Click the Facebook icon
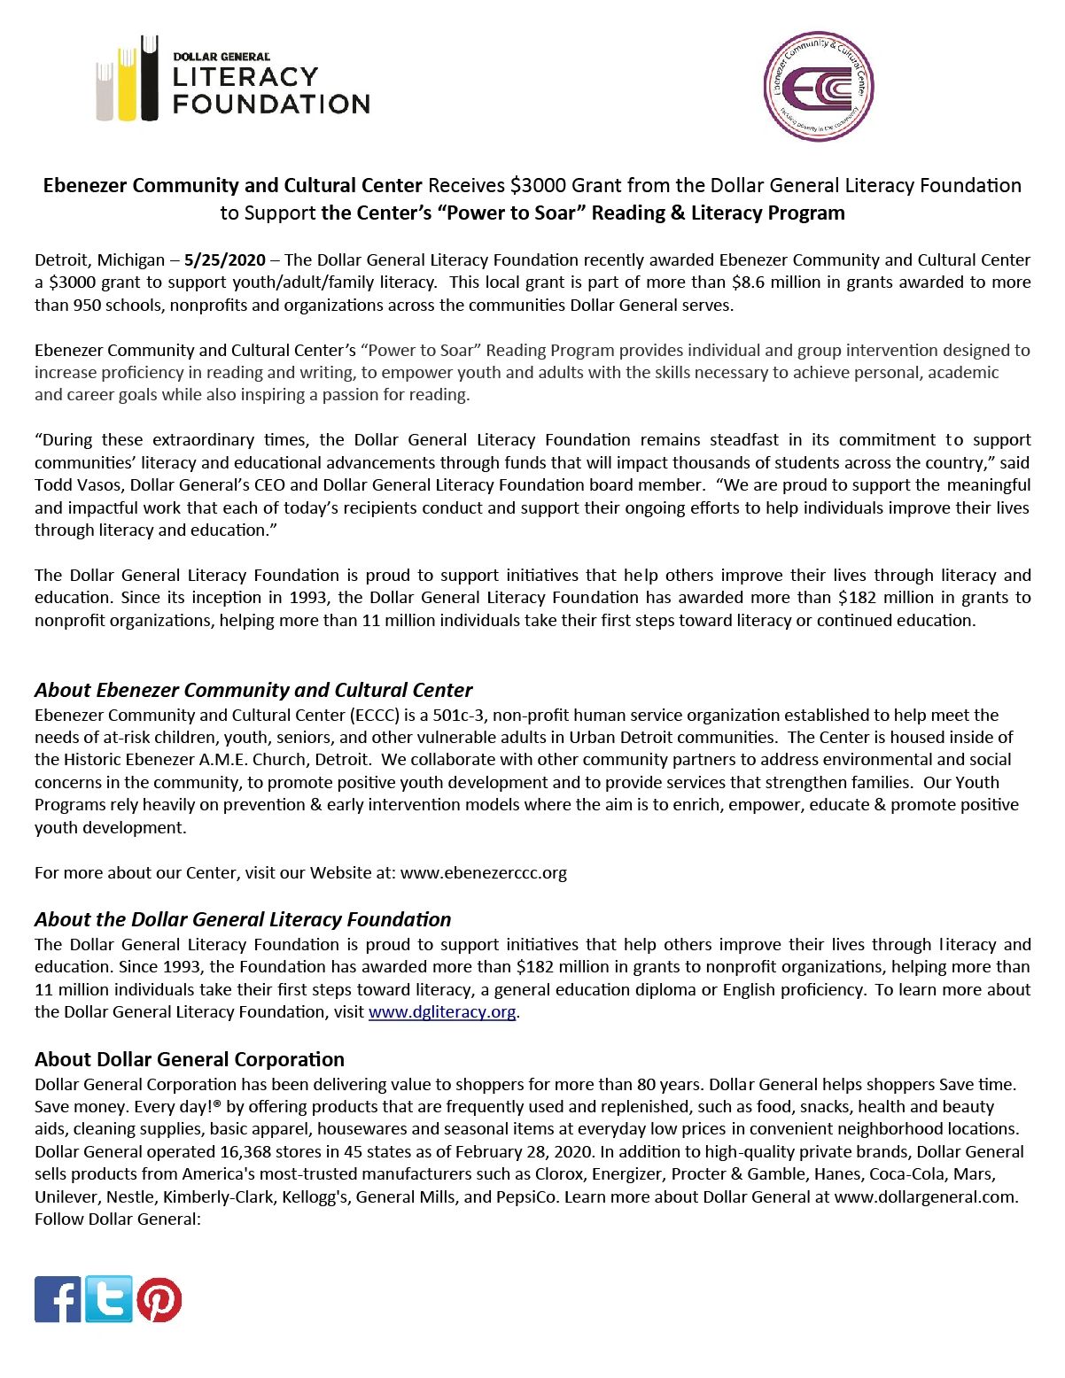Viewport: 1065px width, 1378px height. tap(58, 1299)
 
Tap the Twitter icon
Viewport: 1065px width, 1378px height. tap(109, 1299)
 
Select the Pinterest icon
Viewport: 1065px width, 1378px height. tap(159, 1300)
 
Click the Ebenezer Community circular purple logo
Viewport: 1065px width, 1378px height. tap(819, 87)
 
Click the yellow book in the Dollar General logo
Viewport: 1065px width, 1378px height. tap(128, 84)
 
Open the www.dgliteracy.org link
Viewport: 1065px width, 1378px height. tap(442, 1012)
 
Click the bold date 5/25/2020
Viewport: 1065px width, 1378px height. tap(225, 260)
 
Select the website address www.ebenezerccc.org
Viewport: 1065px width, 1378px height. tap(484, 873)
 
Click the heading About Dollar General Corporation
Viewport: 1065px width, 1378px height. tap(190, 1060)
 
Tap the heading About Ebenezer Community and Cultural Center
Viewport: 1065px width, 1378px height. tap(253, 691)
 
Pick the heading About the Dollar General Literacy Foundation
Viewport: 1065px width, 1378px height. tap(243, 920)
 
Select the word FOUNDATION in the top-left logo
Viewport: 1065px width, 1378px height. tap(271, 105)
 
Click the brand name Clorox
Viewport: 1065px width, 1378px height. tap(559, 1174)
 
